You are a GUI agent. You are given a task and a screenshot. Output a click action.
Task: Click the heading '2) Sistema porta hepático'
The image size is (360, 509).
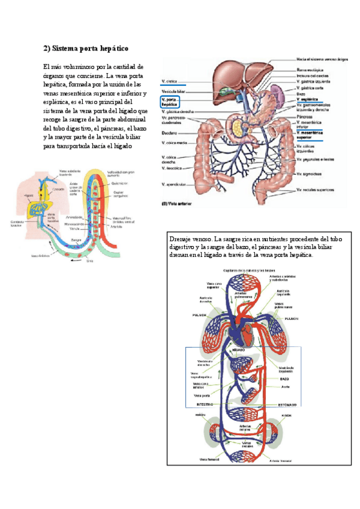point(86,47)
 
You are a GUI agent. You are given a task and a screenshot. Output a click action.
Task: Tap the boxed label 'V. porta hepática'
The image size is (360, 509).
point(171,101)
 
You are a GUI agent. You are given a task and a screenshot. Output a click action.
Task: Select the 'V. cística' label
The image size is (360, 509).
point(169,80)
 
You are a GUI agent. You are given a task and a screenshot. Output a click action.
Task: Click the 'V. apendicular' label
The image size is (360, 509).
point(173,184)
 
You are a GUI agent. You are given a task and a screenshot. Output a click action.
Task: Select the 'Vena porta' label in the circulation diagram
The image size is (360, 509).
point(202,395)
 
